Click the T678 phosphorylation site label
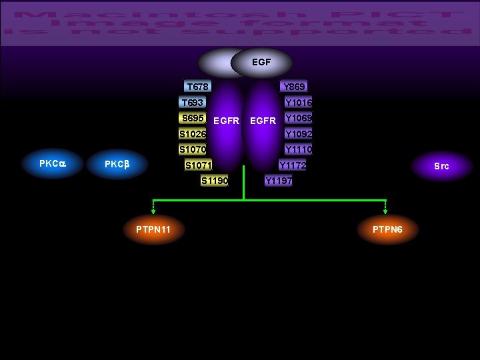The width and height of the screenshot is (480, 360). tap(197, 87)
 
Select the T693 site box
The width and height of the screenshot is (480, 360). tap(193, 103)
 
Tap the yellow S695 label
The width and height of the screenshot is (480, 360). tap(193, 118)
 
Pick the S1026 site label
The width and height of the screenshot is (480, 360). tap(192, 133)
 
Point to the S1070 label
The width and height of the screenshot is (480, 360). tap(192, 149)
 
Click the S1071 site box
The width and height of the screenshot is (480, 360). tap(198, 165)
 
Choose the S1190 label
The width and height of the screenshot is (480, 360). tap(215, 181)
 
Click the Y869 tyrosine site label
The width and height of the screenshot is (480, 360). tap(294, 87)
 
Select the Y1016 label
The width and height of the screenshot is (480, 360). tap(298, 103)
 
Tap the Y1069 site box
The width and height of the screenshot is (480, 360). tap(298, 118)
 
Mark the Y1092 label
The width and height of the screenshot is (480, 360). tap(299, 133)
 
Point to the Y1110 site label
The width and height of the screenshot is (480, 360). tap(299, 149)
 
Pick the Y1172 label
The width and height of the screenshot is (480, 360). tap(293, 165)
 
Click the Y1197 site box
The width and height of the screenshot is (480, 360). tap(278, 181)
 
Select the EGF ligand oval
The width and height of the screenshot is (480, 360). tap(261, 62)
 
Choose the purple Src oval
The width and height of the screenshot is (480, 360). tap(441, 166)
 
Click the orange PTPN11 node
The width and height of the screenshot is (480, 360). tap(153, 230)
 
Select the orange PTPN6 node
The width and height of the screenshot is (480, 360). tap(387, 230)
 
